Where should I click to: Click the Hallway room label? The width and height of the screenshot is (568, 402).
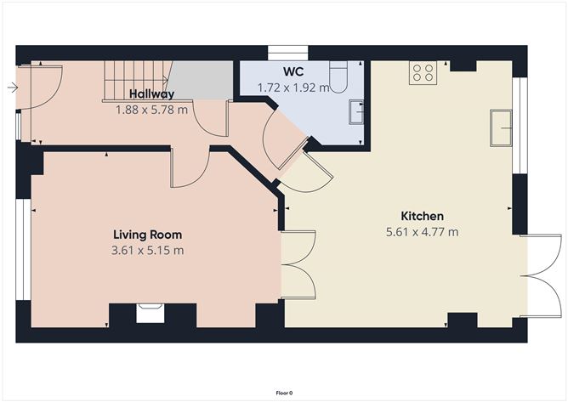[x=152, y=94]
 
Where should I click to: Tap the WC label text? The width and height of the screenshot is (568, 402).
[x=293, y=71]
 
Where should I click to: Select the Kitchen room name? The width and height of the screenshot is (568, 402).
[x=422, y=216]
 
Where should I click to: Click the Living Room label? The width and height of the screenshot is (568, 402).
[x=147, y=235]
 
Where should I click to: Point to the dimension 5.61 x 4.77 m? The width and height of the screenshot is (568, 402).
[x=422, y=232]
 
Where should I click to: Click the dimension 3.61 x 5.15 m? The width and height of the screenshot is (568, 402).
[x=147, y=250]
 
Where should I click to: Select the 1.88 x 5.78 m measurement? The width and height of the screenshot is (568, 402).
[x=152, y=110]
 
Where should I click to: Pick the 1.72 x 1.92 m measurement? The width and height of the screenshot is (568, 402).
[x=293, y=88]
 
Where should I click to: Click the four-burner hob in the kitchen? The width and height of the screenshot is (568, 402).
[x=423, y=73]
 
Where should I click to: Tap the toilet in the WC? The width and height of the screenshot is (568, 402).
[x=338, y=76]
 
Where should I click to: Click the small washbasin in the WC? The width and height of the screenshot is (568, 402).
[x=356, y=112]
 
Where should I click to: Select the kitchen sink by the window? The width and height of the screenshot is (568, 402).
[x=501, y=127]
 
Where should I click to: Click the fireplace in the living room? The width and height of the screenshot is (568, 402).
[x=150, y=313]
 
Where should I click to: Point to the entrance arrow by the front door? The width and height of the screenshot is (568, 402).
[x=13, y=88]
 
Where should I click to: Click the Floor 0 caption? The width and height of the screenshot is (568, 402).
[x=284, y=393]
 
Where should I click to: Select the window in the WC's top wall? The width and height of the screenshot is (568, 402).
[x=288, y=52]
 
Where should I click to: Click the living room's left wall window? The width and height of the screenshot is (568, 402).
[x=24, y=250]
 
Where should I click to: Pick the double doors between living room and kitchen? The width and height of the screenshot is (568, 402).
[x=298, y=264]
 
